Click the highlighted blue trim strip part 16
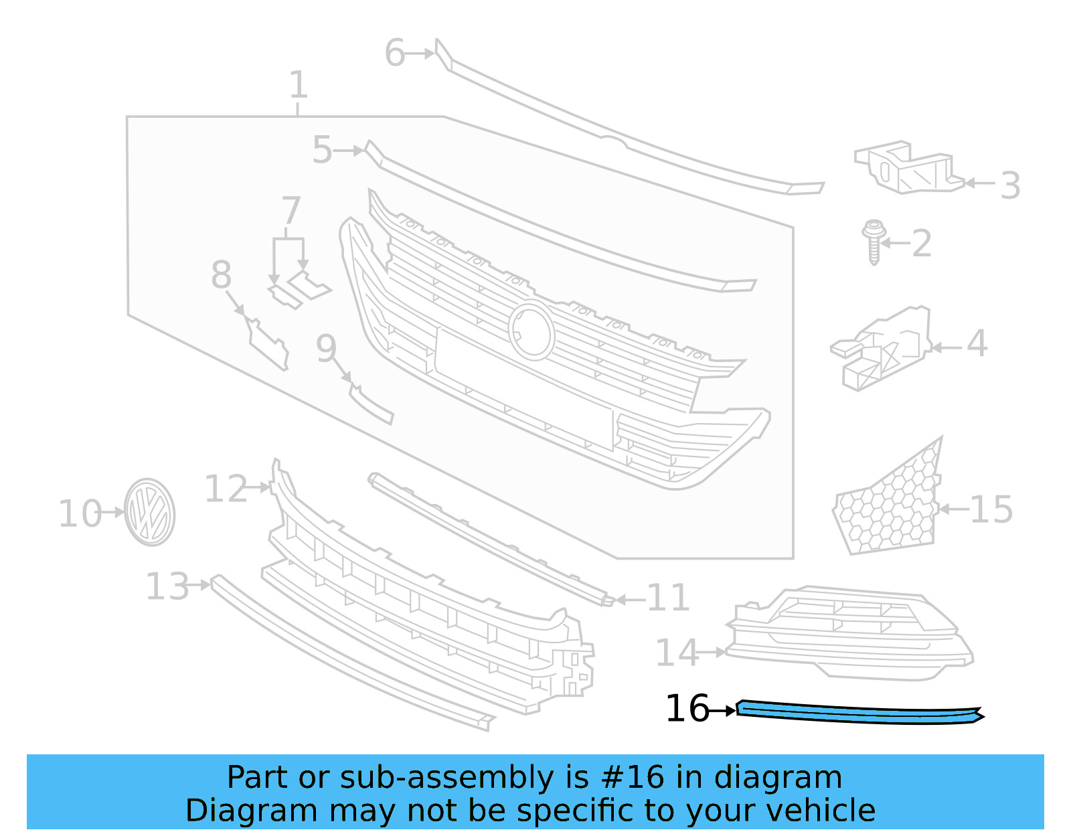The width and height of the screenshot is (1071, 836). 857,712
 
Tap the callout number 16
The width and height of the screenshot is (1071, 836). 687,709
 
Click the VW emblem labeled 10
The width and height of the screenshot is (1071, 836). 150,512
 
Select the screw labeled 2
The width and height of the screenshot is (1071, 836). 873,242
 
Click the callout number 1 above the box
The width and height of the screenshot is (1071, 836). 299,86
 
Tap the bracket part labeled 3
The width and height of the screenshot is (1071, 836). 907,168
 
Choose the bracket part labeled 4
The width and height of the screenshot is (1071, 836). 884,348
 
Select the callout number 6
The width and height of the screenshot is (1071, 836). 395,53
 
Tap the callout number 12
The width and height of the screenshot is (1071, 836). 226,489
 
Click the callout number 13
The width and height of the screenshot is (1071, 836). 167,587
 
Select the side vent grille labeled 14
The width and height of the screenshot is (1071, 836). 850,633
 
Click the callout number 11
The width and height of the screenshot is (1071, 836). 668,598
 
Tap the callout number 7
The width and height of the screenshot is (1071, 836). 291,211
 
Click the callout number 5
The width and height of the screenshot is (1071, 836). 322,150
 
